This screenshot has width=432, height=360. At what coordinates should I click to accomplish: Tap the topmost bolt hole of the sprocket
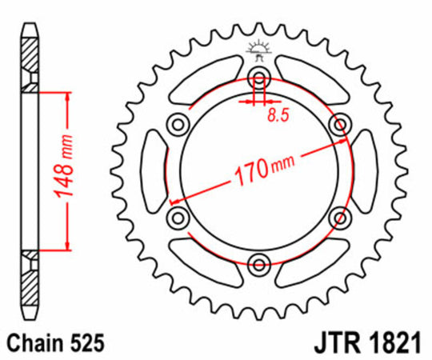pos(259,77)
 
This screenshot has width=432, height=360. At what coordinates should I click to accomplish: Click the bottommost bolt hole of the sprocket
pos(259,263)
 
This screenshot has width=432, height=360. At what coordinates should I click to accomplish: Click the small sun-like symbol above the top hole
pos(258,49)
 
